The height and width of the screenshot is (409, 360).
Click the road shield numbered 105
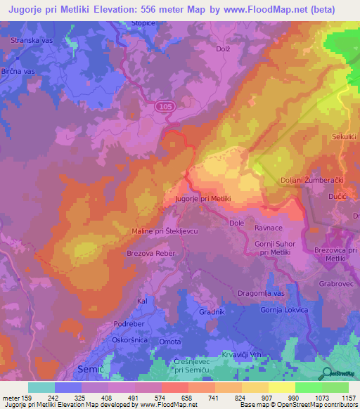(x=165, y=105)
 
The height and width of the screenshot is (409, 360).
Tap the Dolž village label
(x=224, y=48)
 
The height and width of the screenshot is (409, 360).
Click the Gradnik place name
(x=212, y=311)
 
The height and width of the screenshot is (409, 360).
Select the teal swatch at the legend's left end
(x=41, y=387)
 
